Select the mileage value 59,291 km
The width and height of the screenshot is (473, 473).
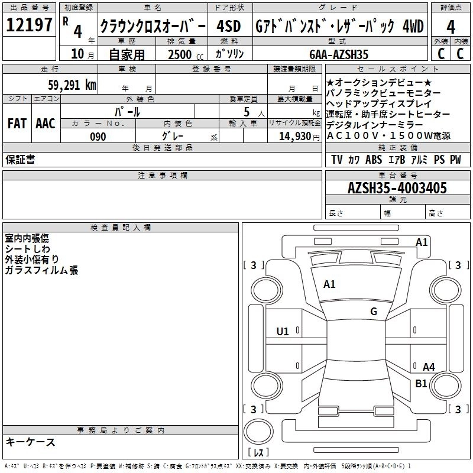pos(72,85)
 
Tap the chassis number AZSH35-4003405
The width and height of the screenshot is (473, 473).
pos(397,189)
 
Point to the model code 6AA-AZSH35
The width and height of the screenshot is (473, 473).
pos(339,54)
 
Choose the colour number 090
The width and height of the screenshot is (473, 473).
pos(98,137)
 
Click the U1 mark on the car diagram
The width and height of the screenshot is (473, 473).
pos(283,332)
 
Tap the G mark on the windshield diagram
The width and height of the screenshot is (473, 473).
pos(374,311)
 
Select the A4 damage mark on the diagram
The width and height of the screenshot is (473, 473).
pos(429,367)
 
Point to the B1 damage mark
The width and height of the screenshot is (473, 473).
pos(421,384)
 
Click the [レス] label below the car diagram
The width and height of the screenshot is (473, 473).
pos(258,453)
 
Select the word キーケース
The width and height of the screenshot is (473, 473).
pos(31,442)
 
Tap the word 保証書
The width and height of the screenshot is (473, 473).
pos(20,160)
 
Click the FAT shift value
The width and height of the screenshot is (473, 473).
pos(17,124)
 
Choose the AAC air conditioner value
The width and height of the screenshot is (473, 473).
pos(45,124)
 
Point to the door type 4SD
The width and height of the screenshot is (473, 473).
pos(228,27)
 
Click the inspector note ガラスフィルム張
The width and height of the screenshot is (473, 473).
pos(41,270)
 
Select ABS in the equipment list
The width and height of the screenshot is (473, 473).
pos(374,160)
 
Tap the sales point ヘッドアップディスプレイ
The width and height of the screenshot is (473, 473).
pos(379,103)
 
